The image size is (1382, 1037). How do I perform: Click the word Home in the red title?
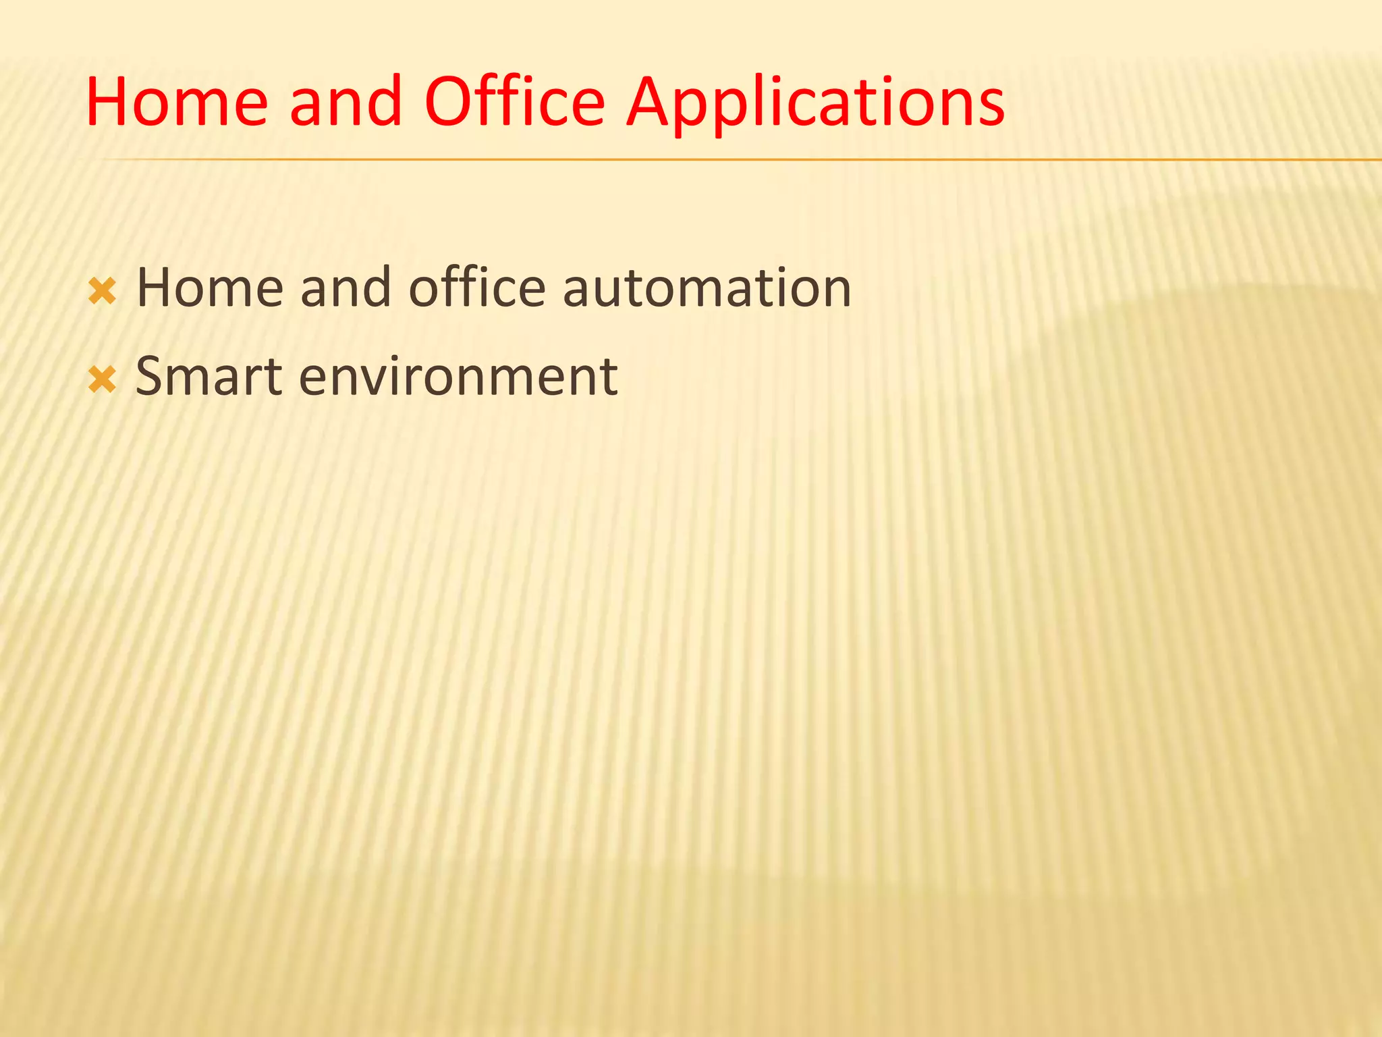click(x=177, y=103)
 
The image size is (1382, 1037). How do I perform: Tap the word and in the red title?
click(x=346, y=103)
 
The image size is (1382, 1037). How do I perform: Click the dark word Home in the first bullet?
click(x=210, y=288)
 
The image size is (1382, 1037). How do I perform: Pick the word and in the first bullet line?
click(x=346, y=288)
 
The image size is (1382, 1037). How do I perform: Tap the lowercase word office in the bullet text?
click(x=476, y=288)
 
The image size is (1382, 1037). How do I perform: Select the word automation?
click(x=707, y=288)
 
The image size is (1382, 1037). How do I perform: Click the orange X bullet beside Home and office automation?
click(x=102, y=292)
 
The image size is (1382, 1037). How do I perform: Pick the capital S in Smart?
click(x=152, y=377)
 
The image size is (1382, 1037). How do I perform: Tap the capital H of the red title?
click(x=112, y=103)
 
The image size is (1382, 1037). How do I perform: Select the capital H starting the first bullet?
click(x=157, y=288)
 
